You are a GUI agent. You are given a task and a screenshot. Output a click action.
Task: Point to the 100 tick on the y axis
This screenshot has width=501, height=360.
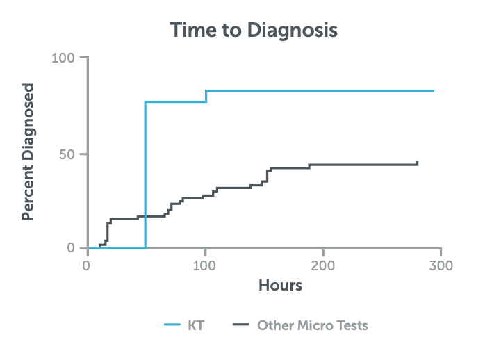point(65,58)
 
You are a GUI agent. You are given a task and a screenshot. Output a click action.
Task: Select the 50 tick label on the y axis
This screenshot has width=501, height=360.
point(69,154)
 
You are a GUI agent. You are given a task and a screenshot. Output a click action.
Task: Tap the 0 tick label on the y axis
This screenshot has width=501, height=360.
point(74,248)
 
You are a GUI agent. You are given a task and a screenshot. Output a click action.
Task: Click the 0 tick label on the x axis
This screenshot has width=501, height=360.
point(87,265)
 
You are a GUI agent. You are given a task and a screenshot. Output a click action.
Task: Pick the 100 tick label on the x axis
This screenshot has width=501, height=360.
point(205,265)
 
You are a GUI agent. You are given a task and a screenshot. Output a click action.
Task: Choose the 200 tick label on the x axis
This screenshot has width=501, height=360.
point(323,265)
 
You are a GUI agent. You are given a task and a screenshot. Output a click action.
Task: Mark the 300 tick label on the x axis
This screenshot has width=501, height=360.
point(441,265)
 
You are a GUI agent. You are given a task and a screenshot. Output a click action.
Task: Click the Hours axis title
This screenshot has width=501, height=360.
point(280,285)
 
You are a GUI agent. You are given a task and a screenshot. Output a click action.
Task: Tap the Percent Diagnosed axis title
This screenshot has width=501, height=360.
point(28,152)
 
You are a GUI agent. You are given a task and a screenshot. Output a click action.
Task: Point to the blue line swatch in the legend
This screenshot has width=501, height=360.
point(173,325)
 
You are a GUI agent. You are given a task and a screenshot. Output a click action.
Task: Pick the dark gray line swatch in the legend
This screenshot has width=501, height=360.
point(240,325)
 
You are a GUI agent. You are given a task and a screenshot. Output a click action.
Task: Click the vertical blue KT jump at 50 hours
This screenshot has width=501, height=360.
point(145,174)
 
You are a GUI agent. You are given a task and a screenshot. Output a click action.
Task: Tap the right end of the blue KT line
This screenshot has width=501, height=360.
point(433,91)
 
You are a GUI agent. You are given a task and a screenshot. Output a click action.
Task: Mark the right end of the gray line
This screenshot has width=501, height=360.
point(418,163)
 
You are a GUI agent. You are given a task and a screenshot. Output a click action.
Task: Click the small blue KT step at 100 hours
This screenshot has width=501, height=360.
point(206,96)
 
